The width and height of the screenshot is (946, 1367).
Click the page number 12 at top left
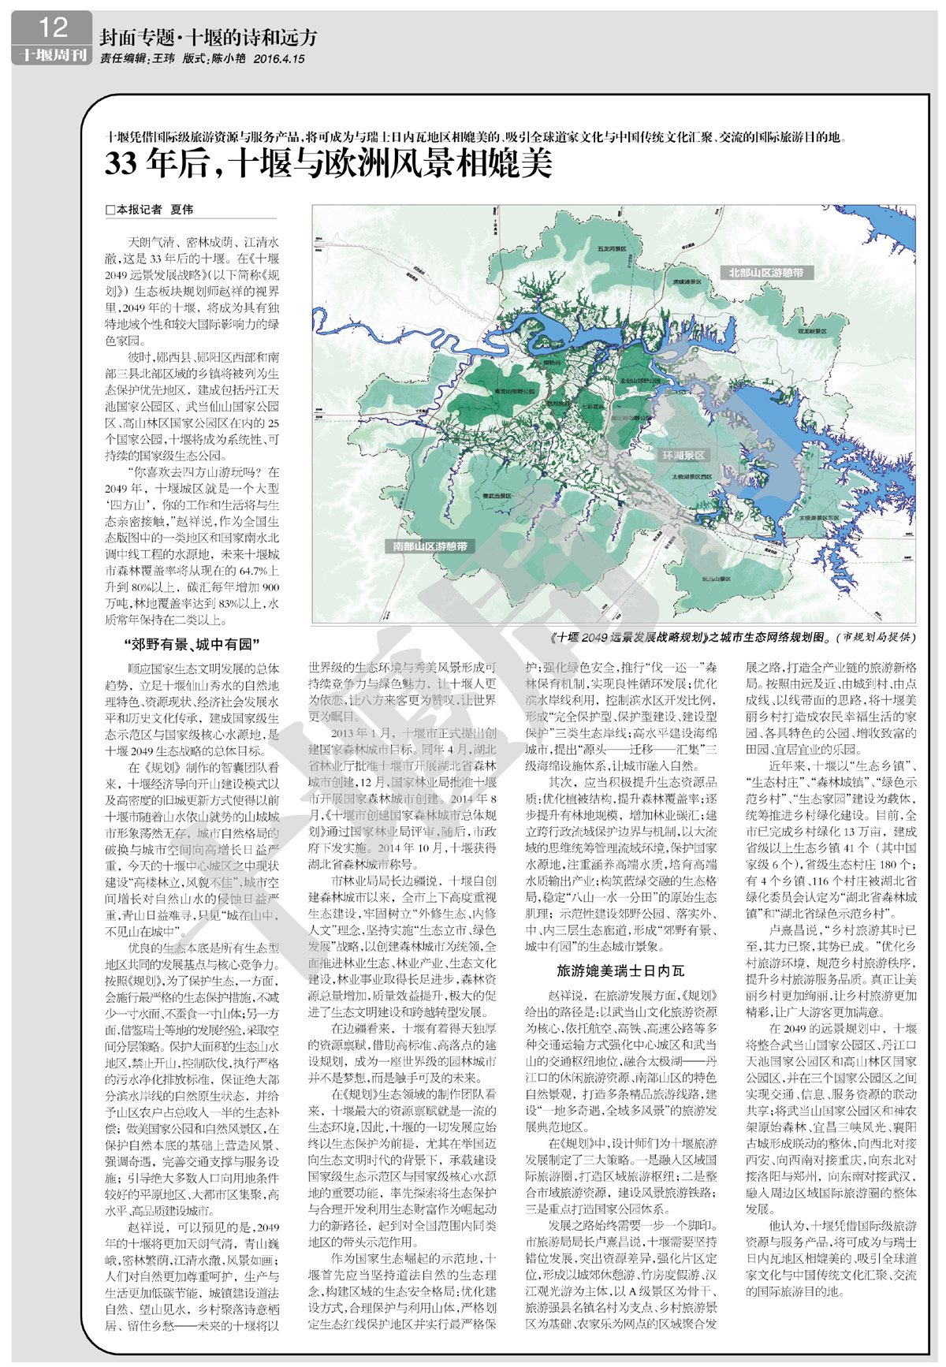(x=52, y=28)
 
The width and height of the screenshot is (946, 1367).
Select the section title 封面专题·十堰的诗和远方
(x=208, y=37)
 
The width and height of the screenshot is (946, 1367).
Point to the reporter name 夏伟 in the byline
(x=181, y=210)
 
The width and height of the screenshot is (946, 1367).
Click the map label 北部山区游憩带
(x=765, y=273)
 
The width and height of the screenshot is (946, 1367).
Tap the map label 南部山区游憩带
(x=430, y=546)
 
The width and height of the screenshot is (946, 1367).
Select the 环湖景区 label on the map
(x=683, y=456)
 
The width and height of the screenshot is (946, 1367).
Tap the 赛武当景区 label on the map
(x=497, y=495)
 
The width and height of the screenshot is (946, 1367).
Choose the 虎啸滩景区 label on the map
(x=687, y=281)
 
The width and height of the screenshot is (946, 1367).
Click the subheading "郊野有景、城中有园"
(x=192, y=645)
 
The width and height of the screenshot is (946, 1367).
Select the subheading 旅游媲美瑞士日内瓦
(x=620, y=970)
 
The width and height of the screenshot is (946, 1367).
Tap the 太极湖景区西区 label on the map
(x=691, y=477)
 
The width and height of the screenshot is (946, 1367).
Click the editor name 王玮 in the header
(x=163, y=58)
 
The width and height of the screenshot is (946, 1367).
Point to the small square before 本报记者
(x=110, y=210)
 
